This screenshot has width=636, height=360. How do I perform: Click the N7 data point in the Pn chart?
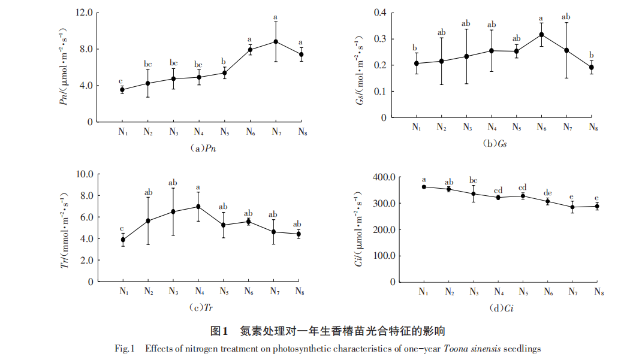275,41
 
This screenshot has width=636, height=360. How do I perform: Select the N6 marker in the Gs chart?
541,34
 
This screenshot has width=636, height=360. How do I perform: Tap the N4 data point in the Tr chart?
198,207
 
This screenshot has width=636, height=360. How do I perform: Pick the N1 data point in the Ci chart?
424,187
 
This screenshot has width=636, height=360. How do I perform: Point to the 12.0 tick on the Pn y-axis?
84,13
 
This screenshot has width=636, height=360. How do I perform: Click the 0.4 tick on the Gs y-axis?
380,13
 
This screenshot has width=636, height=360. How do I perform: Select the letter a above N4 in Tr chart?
198,187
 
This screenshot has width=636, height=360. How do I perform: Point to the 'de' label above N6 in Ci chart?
547,193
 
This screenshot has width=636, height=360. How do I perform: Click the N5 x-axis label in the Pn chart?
224,132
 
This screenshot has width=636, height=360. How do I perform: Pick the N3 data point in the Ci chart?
474,193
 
